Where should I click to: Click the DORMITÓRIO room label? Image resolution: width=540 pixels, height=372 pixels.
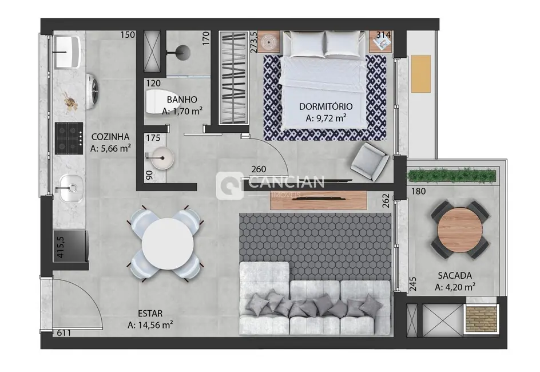[325, 106]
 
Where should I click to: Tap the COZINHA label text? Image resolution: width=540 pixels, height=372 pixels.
[110, 137]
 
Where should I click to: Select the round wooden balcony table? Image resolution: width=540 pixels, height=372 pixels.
[459, 229]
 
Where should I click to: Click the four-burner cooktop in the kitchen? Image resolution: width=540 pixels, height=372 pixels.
[69, 137]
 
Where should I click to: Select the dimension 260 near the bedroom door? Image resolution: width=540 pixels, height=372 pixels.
[259, 169]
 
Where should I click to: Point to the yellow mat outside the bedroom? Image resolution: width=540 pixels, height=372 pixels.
[422, 73]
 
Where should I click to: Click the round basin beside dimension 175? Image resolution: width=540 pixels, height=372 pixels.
[157, 157]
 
